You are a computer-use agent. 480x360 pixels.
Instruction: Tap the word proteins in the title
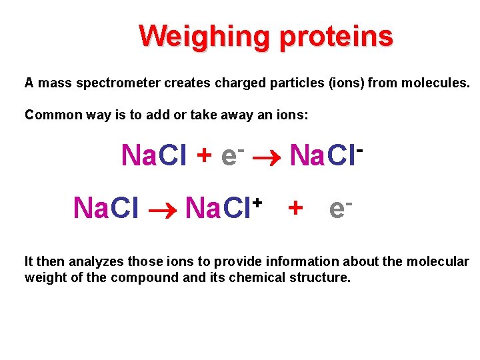337,36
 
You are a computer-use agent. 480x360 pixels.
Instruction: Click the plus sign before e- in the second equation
295,209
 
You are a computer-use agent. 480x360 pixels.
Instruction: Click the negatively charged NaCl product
325,155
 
